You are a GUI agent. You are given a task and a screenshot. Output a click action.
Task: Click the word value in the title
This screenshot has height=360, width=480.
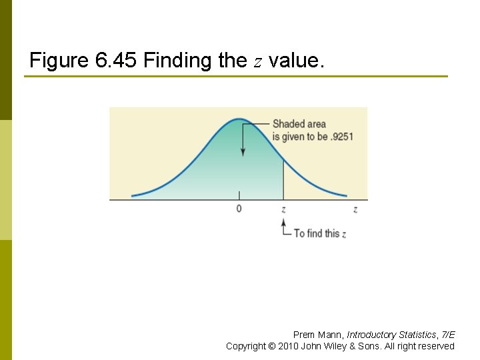[x=295, y=61]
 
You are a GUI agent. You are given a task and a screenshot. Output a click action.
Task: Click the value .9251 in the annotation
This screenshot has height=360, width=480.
[x=342, y=137]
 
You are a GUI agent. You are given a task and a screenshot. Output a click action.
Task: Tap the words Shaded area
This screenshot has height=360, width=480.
[x=299, y=123]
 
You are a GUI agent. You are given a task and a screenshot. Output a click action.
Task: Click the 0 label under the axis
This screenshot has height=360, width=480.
[x=239, y=209]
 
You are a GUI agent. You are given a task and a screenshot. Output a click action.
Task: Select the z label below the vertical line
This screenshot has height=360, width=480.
[x=283, y=209]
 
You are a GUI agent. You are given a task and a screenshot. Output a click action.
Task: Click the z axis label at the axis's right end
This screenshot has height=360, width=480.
[x=355, y=209]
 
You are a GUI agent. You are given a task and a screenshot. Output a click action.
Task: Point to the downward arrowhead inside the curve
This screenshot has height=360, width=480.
[x=242, y=153]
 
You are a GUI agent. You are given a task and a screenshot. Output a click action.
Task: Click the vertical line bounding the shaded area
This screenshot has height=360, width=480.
[x=284, y=180]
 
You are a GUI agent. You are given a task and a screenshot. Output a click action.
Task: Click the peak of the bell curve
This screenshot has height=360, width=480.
[x=239, y=119]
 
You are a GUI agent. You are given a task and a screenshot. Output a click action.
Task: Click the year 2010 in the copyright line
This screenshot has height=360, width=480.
[x=290, y=346]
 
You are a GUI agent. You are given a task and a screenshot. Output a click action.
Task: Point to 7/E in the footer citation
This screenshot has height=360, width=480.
[x=447, y=335]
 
